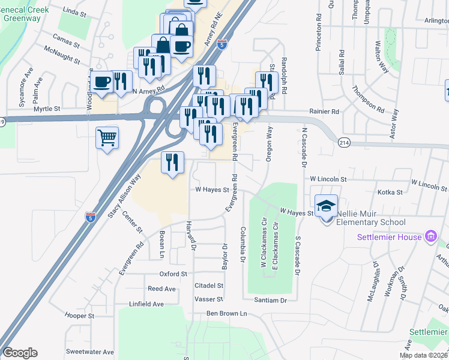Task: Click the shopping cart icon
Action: [x=107, y=138]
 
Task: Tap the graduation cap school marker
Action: [x=326, y=205]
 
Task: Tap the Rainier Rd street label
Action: [x=325, y=111]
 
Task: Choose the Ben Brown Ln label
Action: [x=227, y=313]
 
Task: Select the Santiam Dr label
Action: [x=271, y=299]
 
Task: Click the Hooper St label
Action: [x=80, y=316]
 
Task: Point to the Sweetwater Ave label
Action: [x=90, y=352]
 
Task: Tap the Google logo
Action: [x=20, y=353]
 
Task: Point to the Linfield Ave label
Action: [x=146, y=304]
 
